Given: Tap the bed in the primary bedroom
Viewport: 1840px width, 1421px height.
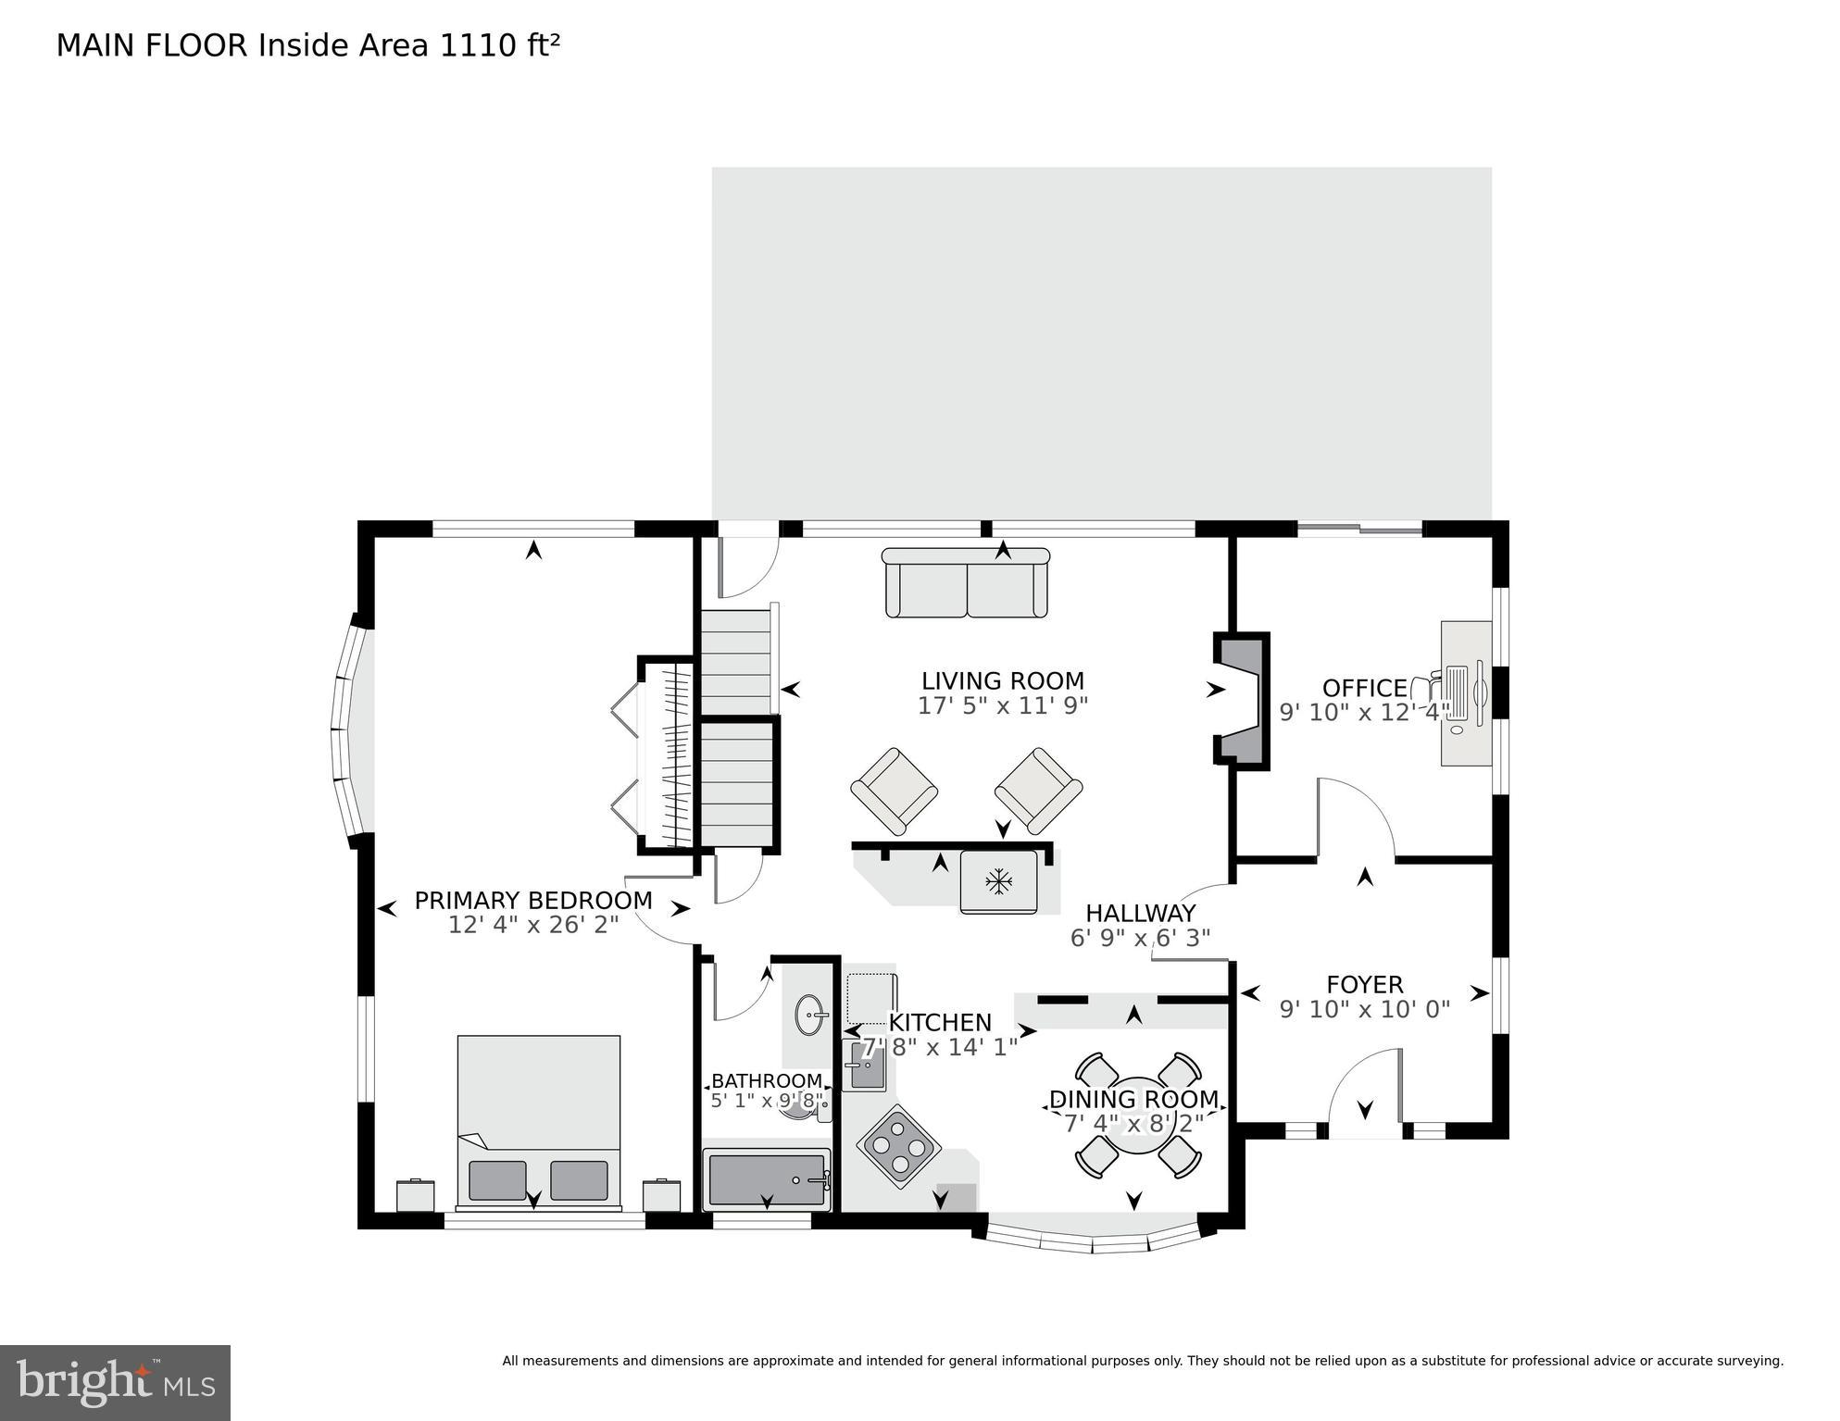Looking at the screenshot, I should coord(538,1121).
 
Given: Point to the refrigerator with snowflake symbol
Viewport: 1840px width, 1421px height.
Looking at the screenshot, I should coord(998,881).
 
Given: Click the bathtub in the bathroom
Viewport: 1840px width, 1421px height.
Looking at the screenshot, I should coord(766,1179).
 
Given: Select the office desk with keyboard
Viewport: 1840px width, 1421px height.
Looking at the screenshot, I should coord(1465,693).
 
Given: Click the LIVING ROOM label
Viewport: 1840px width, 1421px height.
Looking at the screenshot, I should coord(1002,681).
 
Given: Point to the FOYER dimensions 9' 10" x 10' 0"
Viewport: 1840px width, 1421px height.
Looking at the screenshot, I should coord(1364,1009).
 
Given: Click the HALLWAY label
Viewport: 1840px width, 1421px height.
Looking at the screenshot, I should coord(1140,914).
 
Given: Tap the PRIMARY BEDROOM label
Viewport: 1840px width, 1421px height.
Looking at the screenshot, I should coord(532,901).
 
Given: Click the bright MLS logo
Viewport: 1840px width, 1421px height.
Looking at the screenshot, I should coord(115,1382).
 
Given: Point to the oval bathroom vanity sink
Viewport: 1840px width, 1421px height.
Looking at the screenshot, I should coord(811,1015).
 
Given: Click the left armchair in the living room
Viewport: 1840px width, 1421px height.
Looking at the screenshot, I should coord(894,791).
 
